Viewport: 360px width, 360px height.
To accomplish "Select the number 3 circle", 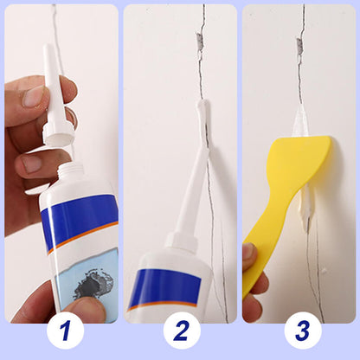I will click(x=302, y=331).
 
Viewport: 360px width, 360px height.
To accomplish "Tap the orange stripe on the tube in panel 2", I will click(x=164, y=305).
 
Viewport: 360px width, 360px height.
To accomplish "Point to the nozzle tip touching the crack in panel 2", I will click(x=202, y=106).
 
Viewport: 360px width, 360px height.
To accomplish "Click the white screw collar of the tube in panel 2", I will click(x=184, y=240).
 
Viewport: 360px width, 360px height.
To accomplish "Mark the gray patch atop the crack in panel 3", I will click(x=300, y=42).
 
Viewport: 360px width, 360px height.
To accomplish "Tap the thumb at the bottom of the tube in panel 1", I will click(x=87, y=308).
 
